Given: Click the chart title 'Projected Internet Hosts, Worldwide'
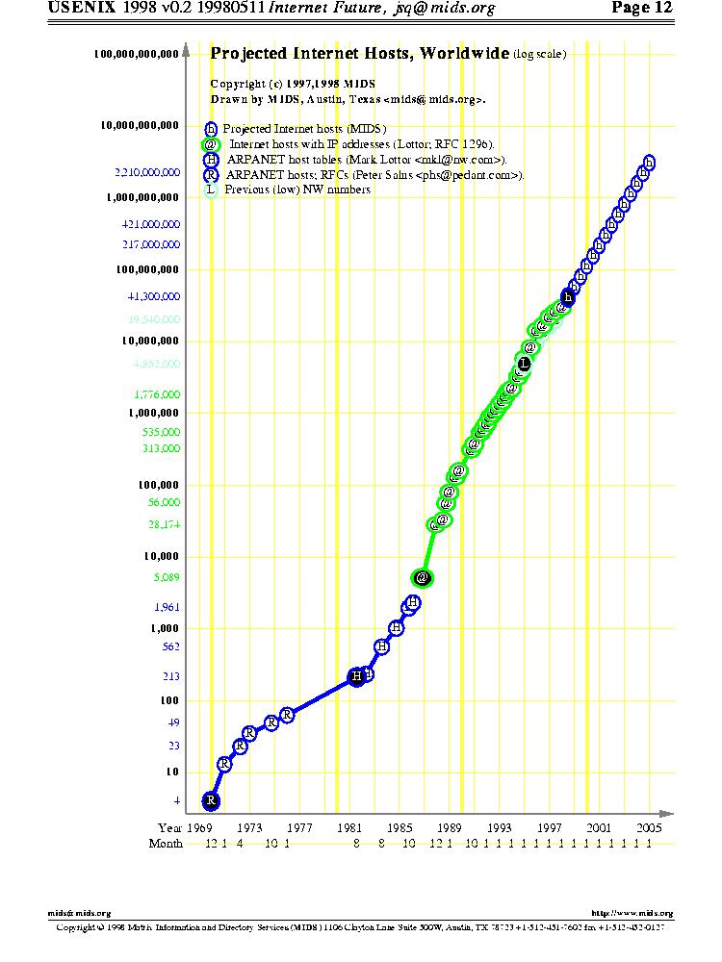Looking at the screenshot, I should pos(360,54).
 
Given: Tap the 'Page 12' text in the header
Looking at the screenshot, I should pos(642,9).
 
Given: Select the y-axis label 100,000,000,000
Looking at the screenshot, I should pos(137,55).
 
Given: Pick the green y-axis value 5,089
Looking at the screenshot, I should pos(167,578).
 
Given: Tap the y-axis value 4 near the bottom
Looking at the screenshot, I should pos(176,801).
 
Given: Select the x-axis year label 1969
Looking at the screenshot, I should pos(199,827).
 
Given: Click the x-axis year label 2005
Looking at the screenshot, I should pos(649,827).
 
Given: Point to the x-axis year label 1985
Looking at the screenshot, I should pos(400,827).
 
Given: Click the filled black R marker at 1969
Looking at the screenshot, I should pos(212,800).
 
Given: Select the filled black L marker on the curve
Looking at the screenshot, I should pos(524,364).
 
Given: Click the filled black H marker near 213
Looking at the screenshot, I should pos(357,677).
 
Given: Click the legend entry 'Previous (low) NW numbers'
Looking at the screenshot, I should pos(297,190).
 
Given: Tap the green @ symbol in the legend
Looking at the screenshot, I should pos(210,144).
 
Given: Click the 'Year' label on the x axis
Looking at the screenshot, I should pos(169,827).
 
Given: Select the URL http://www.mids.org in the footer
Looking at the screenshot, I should pos(632,913).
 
